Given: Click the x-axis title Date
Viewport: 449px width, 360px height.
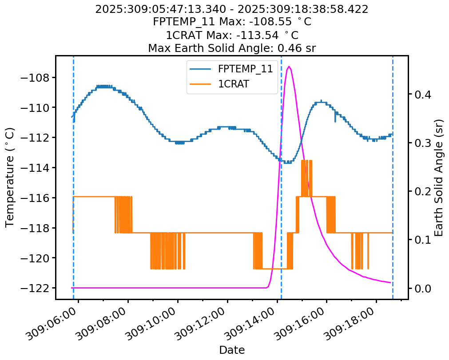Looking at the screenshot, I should [x=232, y=350].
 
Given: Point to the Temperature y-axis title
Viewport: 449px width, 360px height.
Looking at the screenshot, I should [x=10, y=178].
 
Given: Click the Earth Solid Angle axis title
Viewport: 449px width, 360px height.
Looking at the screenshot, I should [x=439, y=178].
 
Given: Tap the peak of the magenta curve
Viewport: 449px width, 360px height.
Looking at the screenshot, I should [x=289, y=67].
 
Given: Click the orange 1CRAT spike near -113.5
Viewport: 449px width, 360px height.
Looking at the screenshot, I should [x=306, y=161].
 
